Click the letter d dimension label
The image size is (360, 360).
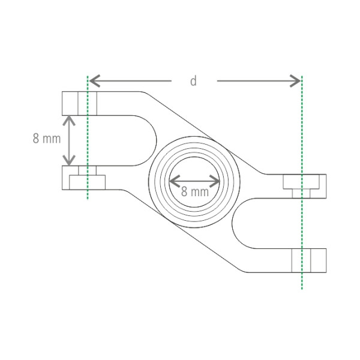pos(194,81)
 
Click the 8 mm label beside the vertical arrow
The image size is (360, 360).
pos(47,139)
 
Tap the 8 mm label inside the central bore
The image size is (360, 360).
pos(195,191)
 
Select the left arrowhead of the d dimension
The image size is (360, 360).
pos(95,81)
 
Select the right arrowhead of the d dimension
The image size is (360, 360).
pos(295,81)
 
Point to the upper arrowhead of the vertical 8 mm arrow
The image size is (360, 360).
pos(69,121)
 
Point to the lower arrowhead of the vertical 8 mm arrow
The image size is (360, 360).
pos(69,160)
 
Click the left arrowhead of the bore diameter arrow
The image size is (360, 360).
pos(175,181)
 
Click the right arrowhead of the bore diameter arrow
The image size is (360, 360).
pos(215,181)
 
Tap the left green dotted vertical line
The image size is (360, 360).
pos(88,137)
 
